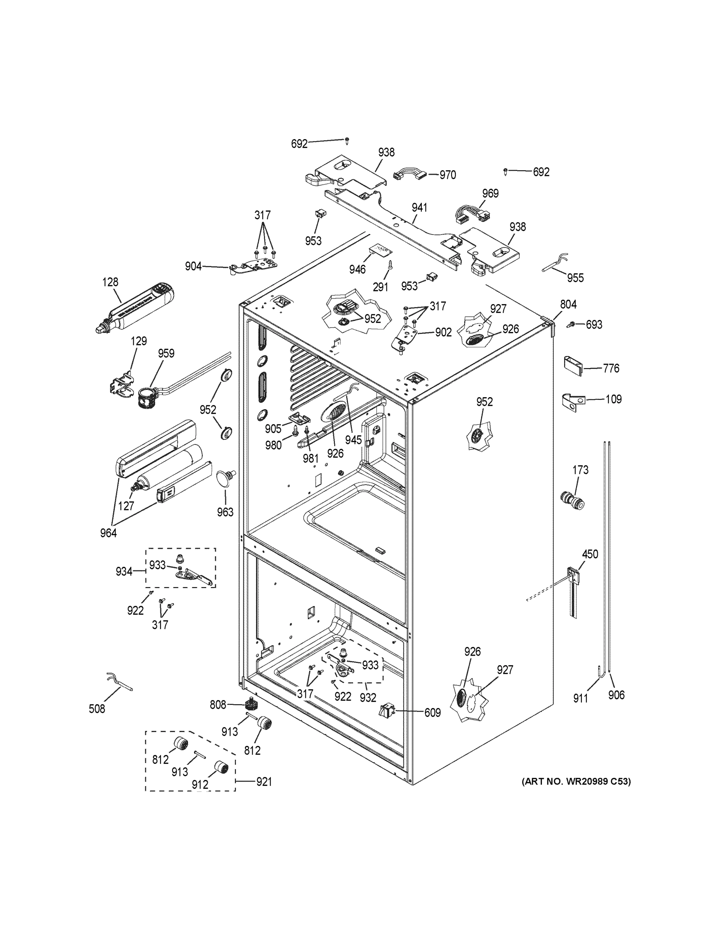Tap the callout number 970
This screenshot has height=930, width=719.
pyautogui.click(x=448, y=175)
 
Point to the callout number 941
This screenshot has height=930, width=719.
pyautogui.click(x=419, y=208)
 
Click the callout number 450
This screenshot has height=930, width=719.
pyautogui.click(x=590, y=554)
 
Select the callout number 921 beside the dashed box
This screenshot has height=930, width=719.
pyautogui.click(x=264, y=782)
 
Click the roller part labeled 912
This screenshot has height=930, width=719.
pyautogui.click(x=221, y=768)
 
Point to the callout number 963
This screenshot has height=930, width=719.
pyautogui.click(x=225, y=512)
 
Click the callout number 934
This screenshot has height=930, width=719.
pyautogui.click(x=124, y=572)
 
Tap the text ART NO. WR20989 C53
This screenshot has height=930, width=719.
pyautogui.click(x=576, y=781)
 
